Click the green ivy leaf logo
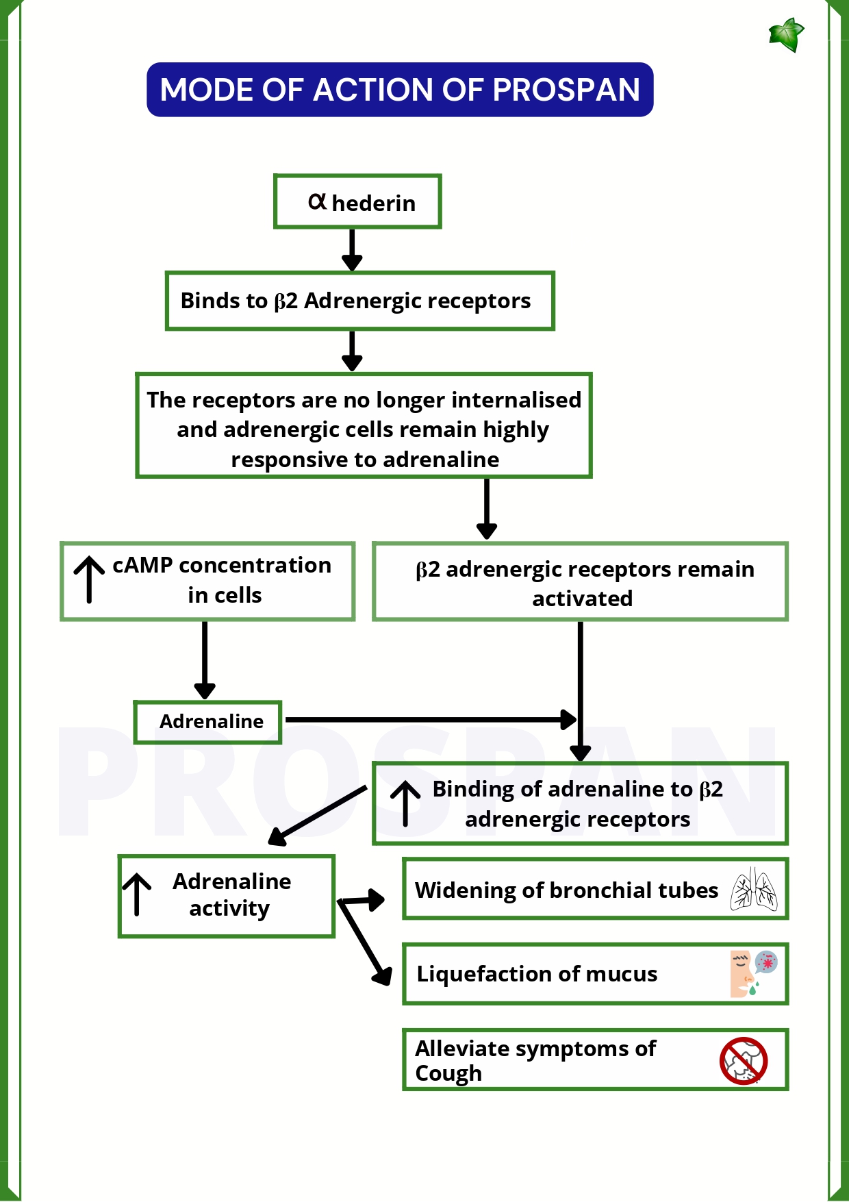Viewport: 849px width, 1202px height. pos(786,35)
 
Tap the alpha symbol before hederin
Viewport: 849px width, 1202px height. pos(317,201)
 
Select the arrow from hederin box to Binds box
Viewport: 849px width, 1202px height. pos(352,250)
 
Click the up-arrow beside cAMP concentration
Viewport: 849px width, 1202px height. pos(89,579)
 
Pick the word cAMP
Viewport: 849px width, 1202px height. pos(142,566)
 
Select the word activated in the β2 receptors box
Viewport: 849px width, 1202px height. pos(582,599)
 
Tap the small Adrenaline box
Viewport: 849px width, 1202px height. pos(208,722)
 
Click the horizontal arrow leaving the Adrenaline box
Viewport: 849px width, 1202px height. pos(431,720)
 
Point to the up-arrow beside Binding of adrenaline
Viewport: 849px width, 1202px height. pos(405,803)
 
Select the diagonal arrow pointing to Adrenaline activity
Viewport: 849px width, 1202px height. pos(318,815)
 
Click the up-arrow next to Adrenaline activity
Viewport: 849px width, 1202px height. pos(137,894)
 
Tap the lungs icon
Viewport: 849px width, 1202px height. pos(753,889)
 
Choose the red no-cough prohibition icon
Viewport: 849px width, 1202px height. pos(744,1061)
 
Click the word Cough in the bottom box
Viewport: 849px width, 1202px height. pos(448,1073)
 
